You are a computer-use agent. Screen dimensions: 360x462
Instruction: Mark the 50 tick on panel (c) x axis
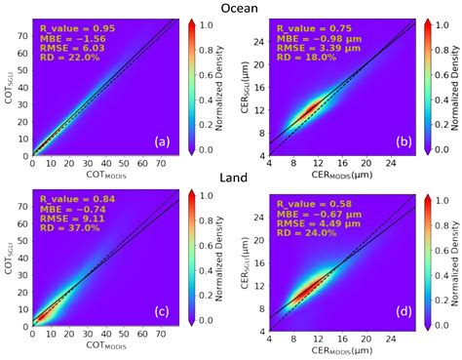[x=120, y=336]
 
